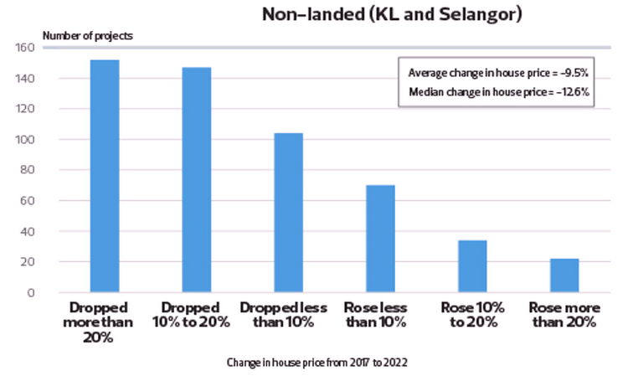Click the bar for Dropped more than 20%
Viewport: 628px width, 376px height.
[x=105, y=176]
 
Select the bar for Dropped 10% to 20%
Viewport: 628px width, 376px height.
[x=197, y=179]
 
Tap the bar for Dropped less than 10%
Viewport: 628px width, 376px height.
[x=289, y=213]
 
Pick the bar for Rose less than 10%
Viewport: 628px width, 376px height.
[x=380, y=239]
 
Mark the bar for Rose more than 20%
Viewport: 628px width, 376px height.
[x=564, y=276]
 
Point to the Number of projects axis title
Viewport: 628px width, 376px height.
[x=87, y=35]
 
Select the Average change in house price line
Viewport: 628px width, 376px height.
[x=499, y=72]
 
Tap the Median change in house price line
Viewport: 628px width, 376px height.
[x=499, y=92]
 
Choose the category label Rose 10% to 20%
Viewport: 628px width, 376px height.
[x=472, y=315]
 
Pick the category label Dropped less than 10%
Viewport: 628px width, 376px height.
[x=289, y=315]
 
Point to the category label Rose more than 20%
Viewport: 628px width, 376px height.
[x=564, y=315]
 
